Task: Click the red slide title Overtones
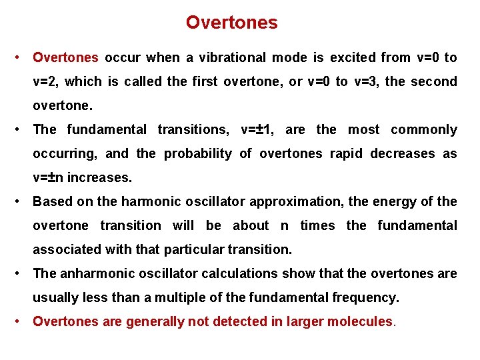(231, 23)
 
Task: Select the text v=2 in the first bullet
(46, 82)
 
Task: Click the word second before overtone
(434, 82)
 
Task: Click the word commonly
(424, 130)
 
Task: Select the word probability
(198, 154)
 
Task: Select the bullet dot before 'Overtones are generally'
(22, 321)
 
